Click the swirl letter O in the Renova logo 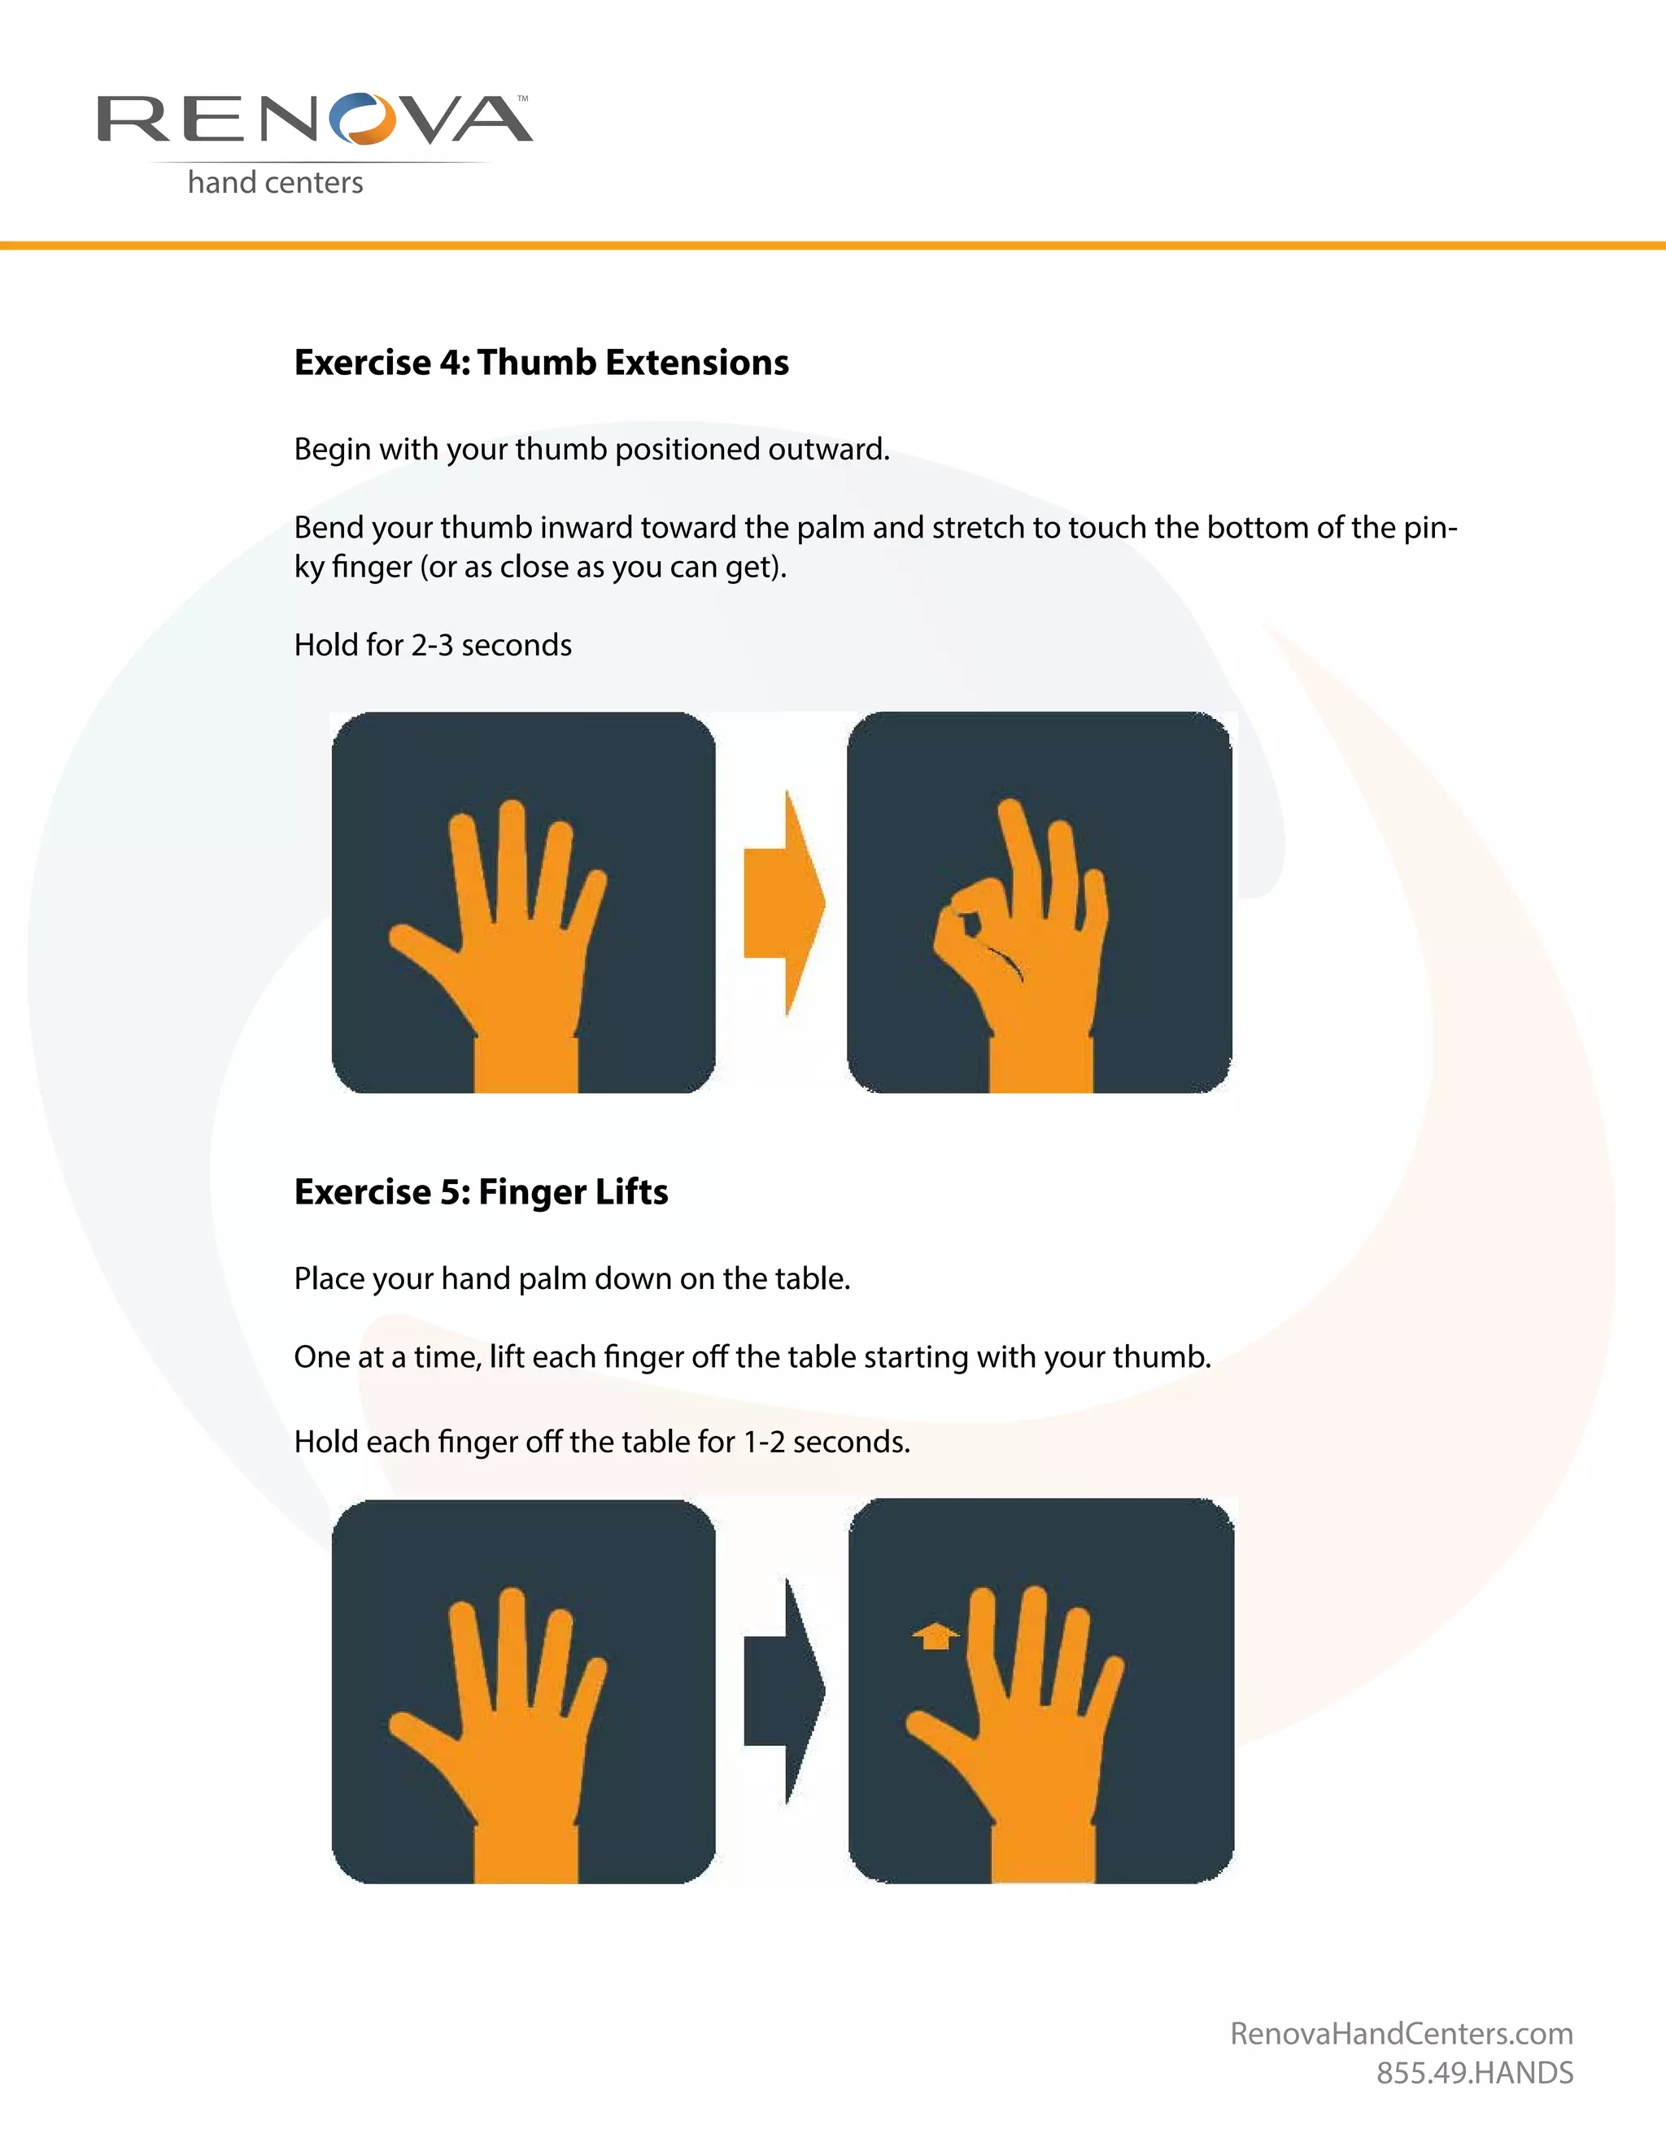coord(361,120)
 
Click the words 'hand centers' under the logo coord(276,182)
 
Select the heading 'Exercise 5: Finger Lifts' coord(481,1192)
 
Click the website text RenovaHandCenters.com coord(1401,2034)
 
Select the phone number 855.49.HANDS coord(1475,2073)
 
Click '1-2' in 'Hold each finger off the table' coord(763,1442)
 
